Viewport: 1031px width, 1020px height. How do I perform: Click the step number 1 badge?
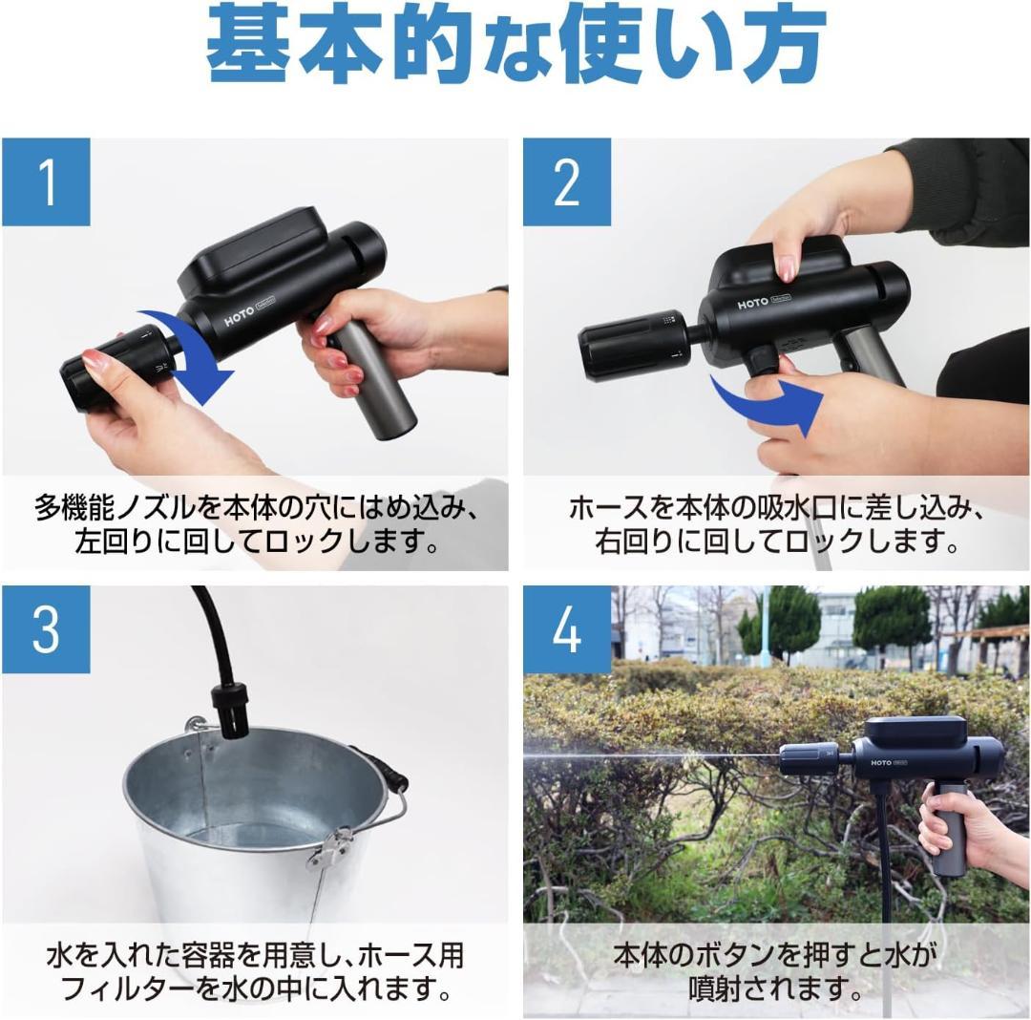click(x=46, y=181)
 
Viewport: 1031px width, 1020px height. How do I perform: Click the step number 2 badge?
click(x=566, y=181)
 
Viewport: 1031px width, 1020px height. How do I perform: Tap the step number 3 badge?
click(x=46, y=629)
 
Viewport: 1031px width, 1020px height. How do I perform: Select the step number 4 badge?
click(x=566, y=629)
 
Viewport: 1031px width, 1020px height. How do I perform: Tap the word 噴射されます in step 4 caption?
click(x=773, y=988)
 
